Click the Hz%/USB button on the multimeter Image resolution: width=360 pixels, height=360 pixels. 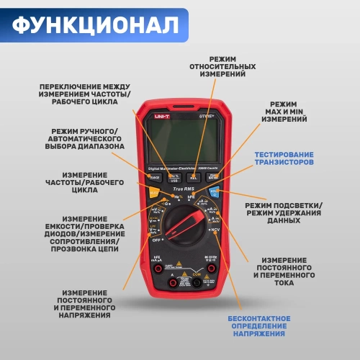coord(174,176)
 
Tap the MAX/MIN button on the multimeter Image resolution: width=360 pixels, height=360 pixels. coord(212,176)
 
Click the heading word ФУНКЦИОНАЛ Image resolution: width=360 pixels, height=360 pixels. coord(94,25)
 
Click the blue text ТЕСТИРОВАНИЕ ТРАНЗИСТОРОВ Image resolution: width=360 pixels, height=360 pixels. coord(283,158)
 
